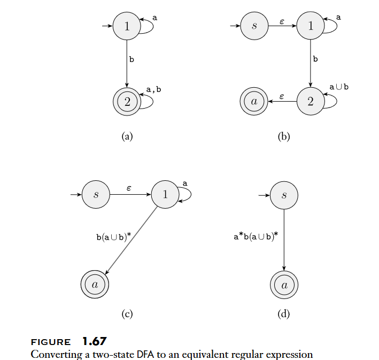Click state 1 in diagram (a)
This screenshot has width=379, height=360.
pos(127,26)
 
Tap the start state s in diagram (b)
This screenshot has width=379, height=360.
pos(254,26)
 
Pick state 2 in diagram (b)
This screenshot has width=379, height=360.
pos(311,101)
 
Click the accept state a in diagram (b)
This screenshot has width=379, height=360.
pos(254,101)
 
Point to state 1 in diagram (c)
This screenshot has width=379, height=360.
pos(165,195)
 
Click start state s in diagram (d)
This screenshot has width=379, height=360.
pos(284,195)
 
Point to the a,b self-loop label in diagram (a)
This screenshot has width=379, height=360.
pos(153,89)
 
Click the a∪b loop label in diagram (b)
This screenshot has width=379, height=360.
pos(338,87)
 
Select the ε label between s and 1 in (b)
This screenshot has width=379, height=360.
pos(282,21)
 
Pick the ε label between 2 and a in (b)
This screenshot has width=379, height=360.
pos(282,96)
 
